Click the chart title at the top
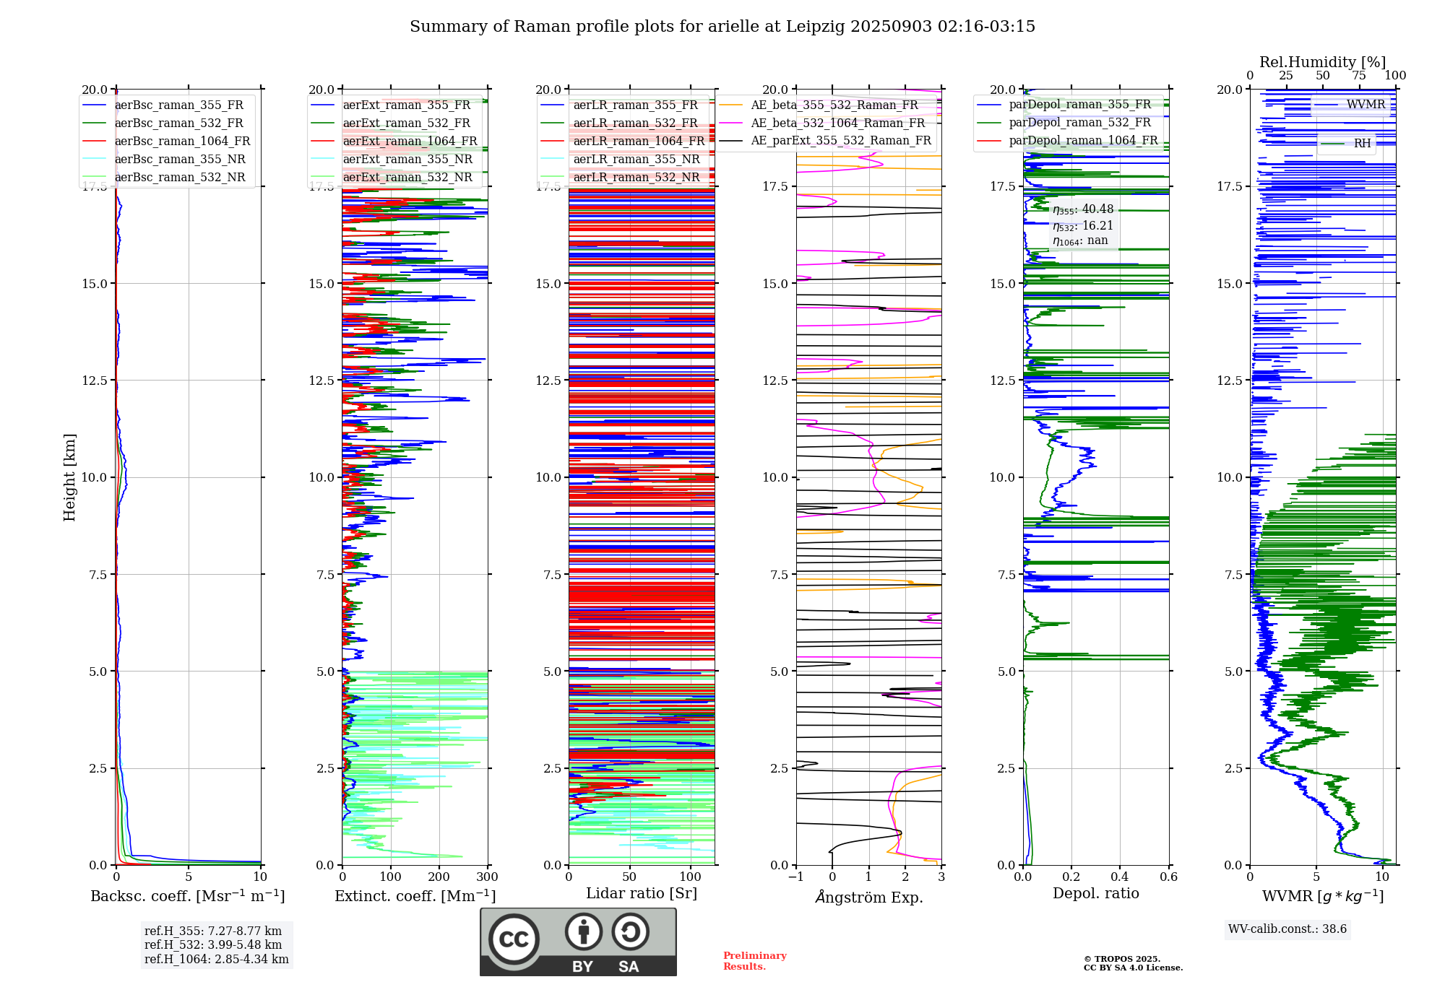point(722,27)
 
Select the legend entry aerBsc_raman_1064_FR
point(182,142)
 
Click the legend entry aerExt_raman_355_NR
point(407,160)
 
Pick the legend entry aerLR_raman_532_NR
point(636,178)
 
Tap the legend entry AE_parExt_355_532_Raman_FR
point(840,141)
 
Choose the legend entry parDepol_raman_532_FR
point(1079,123)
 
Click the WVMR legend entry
point(1365,105)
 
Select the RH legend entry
point(1362,144)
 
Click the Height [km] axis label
point(69,477)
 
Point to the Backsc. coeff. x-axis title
point(188,896)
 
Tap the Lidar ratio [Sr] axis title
point(642,894)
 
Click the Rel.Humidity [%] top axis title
point(1322,62)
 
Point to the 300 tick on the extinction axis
point(488,877)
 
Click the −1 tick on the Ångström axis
point(795,877)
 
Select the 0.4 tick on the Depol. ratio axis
point(1120,877)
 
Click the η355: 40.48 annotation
point(1082,209)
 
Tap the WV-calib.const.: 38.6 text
point(1287,929)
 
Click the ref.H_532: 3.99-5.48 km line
point(213,945)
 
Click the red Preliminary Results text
point(754,961)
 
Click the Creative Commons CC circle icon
point(514,939)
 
